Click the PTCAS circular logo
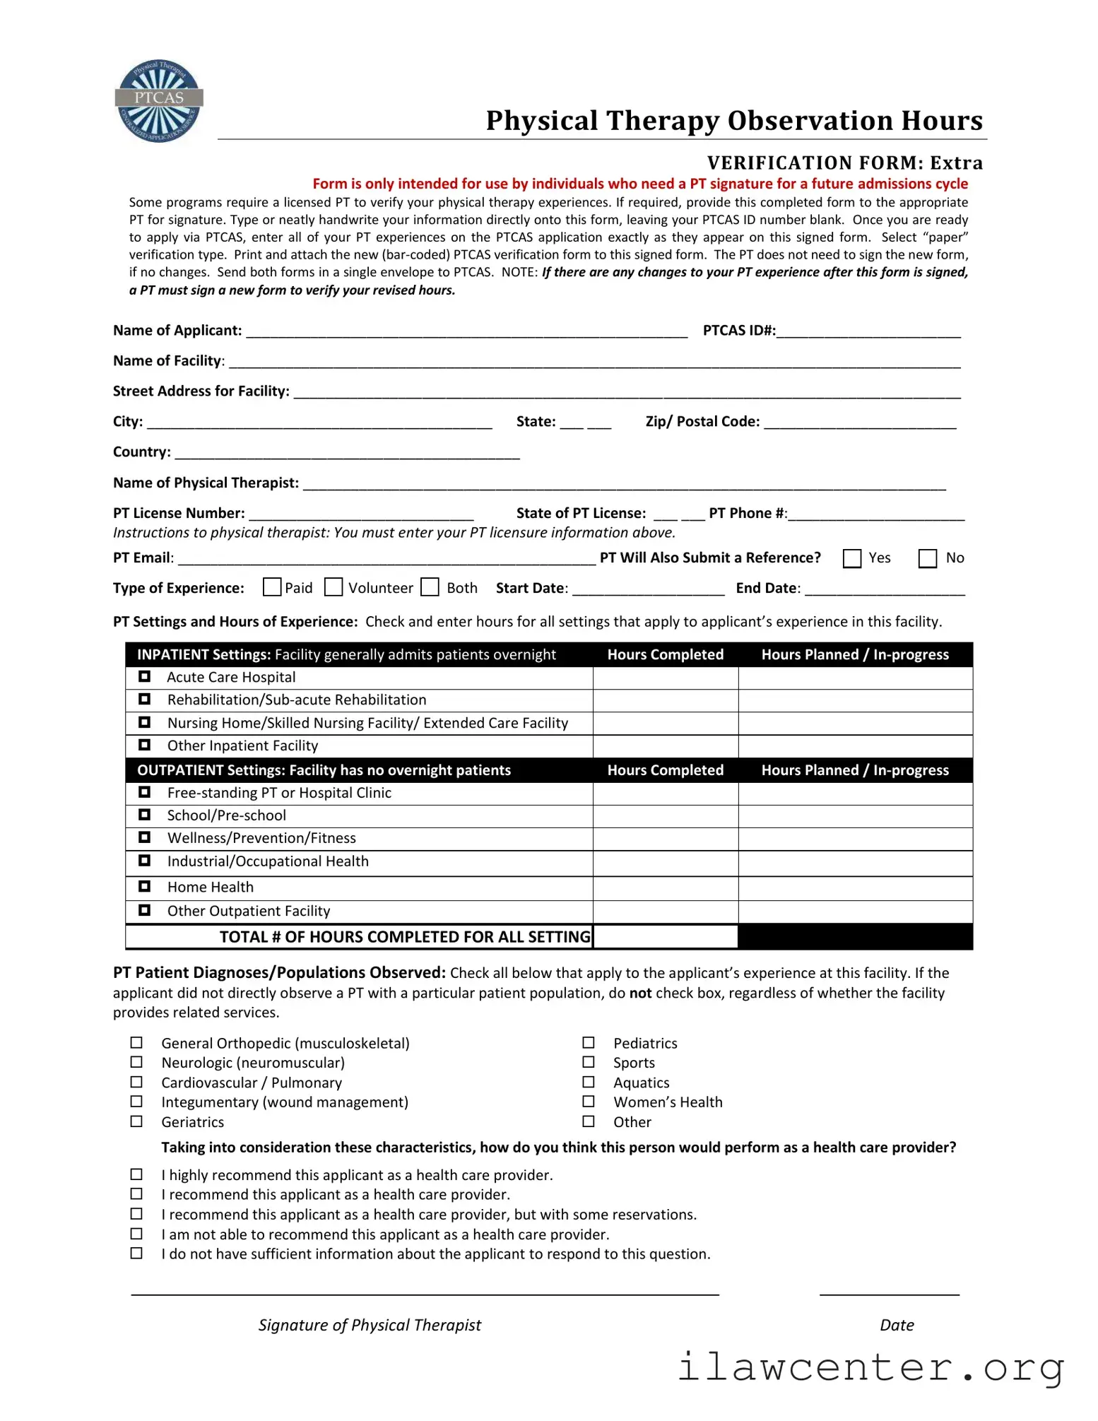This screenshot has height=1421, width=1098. tap(159, 101)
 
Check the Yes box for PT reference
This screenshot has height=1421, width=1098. tap(852, 558)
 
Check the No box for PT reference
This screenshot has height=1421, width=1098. tap(927, 558)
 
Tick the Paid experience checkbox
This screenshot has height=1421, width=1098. tap(271, 587)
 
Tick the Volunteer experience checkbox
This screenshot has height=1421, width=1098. tap(333, 587)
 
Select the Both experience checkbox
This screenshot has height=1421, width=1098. tap(430, 587)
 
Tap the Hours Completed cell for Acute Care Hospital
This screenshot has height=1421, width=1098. tap(665, 678)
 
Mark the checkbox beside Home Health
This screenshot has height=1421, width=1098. tap(145, 886)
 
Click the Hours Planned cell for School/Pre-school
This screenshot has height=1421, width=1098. tap(855, 816)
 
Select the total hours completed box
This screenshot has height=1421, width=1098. tap(665, 937)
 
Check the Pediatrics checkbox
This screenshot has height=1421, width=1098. tap(589, 1043)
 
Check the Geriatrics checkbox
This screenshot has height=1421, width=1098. tap(136, 1121)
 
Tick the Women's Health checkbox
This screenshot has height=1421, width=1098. tap(589, 1102)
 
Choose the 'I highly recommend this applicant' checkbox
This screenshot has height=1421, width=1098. tap(136, 1174)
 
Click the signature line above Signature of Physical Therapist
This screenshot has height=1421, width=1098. tap(424, 1293)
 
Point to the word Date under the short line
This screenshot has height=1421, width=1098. tap(897, 1325)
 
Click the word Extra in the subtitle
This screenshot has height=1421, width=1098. tap(956, 163)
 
